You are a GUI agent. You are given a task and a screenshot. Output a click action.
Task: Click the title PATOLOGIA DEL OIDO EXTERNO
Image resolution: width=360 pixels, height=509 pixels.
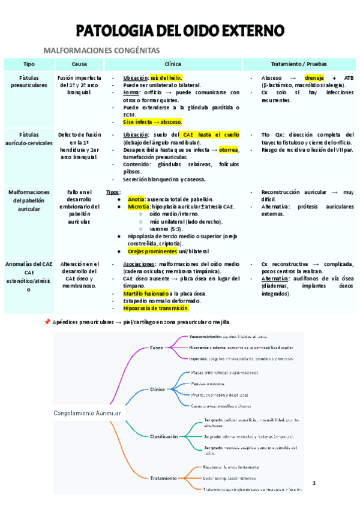pyautogui.click(x=179, y=31)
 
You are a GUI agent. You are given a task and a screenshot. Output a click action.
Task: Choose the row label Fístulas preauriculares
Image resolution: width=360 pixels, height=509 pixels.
pyautogui.click(x=29, y=82)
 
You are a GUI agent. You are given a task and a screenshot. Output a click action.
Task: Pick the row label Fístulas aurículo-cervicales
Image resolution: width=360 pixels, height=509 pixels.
pyautogui.click(x=29, y=139)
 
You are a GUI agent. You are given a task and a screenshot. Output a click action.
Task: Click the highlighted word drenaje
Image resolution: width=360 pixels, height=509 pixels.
pyautogui.click(x=314, y=78)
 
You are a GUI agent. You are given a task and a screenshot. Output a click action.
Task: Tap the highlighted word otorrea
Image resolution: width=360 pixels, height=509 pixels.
pyautogui.click(x=229, y=149)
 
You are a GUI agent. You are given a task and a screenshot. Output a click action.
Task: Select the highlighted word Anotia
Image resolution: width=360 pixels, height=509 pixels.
pyautogui.click(x=136, y=199)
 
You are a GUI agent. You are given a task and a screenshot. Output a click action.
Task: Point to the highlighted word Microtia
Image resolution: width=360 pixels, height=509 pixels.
pyautogui.click(x=139, y=206)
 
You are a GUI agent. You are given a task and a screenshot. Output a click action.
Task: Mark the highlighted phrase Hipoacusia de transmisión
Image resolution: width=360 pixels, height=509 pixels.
pyautogui.click(x=155, y=308)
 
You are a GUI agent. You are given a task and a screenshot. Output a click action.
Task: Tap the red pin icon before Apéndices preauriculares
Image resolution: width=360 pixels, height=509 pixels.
pyautogui.click(x=47, y=322)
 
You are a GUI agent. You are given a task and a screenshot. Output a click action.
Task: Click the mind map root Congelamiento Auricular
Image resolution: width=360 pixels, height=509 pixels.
pyautogui.click(x=88, y=414)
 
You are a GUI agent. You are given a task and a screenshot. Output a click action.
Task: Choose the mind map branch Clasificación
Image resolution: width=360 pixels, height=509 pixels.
pyautogui.click(x=164, y=436)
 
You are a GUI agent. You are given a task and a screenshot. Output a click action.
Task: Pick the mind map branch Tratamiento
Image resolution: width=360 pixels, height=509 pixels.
pyautogui.click(x=163, y=478)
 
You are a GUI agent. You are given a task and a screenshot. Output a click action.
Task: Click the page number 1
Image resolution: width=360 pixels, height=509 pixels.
pyautogui.click(x=313, y=483)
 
